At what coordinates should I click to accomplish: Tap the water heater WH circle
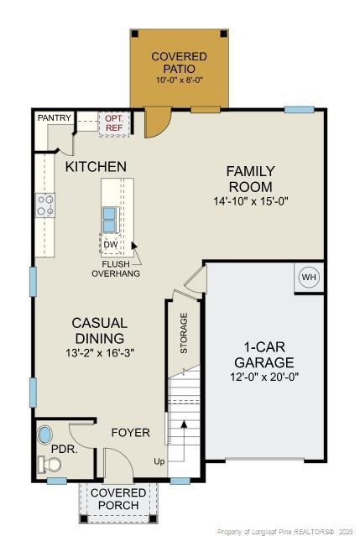pyautogui.click(x=308, y=278)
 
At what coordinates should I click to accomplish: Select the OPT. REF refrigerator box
pyautogui.click(x=112, y=123)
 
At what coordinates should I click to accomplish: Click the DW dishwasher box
pyautogui.click(x=111, y=245)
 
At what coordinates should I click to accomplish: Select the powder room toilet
pyautogui.click(x=47, y=463)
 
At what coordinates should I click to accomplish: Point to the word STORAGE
pyautogui.click(x=183, y=332)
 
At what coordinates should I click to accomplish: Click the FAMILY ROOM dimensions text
pyautogui.click(x=250, y=201)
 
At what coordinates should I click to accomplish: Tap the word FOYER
pyautogui.click(x=131, y=433)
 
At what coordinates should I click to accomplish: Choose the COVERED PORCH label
pyautogui.click(x=118, y=498)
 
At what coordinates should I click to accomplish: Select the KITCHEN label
pyautogui.click(x=96, y=167)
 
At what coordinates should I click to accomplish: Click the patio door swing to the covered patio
pyautogui.click(x=155, y=123)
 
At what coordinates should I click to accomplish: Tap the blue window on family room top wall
pyautogui.click(x=299, y=109)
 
